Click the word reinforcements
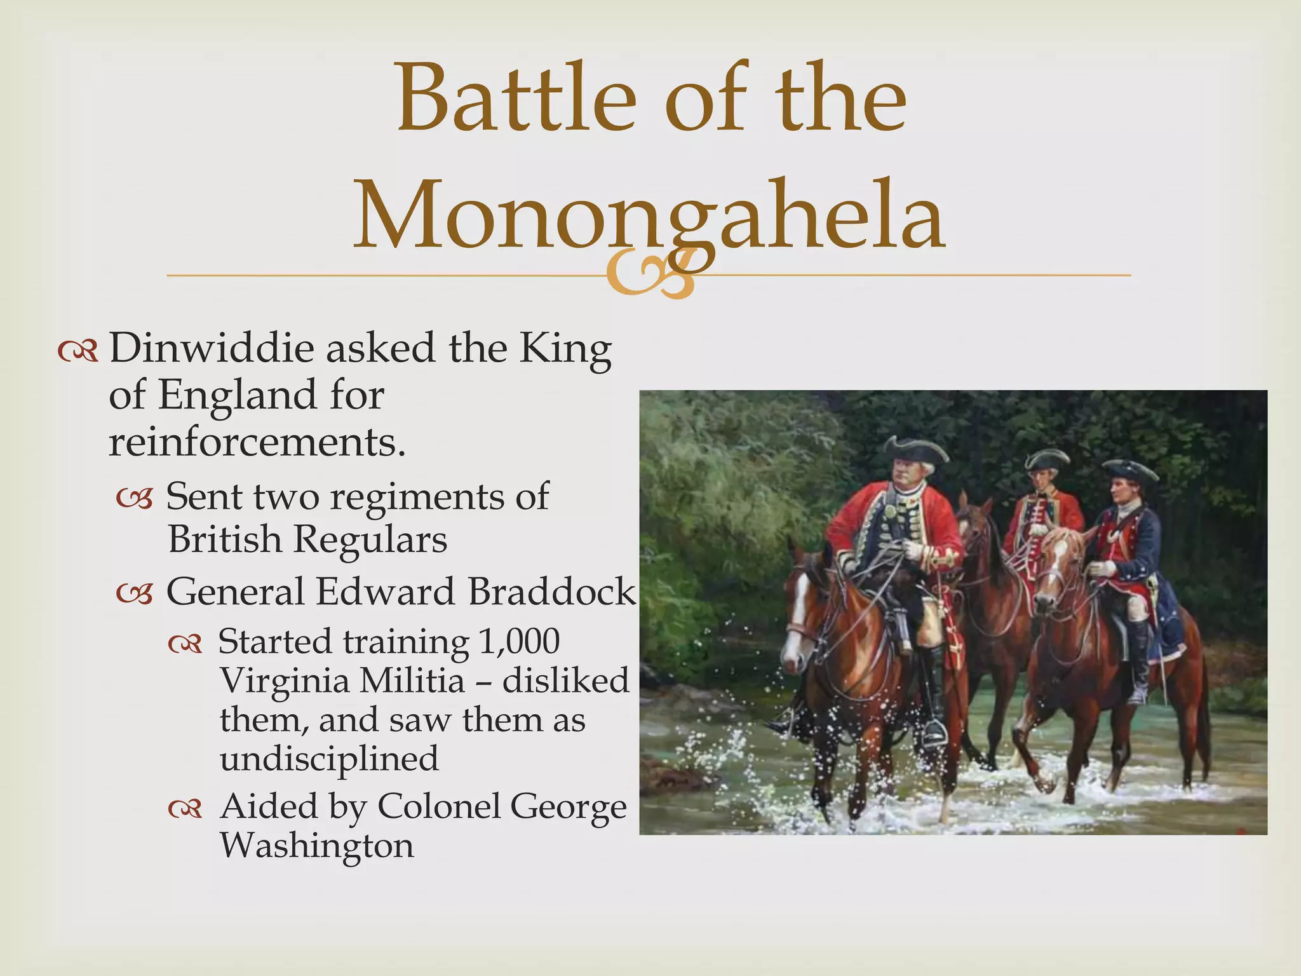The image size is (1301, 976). click(256, 442)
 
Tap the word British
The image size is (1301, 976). click(224, 539)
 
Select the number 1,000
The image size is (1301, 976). click(519, 641)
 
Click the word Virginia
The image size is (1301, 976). click(288, 681)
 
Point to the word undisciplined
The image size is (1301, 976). click(329, 759)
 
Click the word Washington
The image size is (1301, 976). click(316, 846)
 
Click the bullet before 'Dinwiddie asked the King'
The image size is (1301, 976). click(78, 351)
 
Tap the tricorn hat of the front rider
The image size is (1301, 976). click(916, 449)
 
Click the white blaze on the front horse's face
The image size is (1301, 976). click(794, 629)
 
